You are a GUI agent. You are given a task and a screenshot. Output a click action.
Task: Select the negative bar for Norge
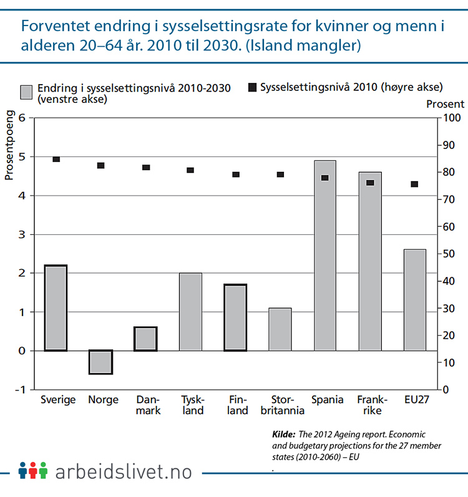pyautogui.click(x=100, y=362)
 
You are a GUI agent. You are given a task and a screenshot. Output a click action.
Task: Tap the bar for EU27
pyautogui.click(x=414, y=300)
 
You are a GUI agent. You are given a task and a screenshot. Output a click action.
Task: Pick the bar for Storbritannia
pyautogui.click(x=280, y=329)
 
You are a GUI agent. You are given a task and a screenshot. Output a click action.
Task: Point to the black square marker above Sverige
pyautogui.click(x=56, y=159)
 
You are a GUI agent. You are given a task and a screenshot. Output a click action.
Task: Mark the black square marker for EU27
pyautogui.click(x=414, y=184)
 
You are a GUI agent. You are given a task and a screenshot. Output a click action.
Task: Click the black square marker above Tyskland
pyautogui.click(x=190, y=170)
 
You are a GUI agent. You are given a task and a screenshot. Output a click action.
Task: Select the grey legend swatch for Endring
pyautogui.click(x=27, y=92)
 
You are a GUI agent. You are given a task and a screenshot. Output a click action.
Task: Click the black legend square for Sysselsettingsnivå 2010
pyautogui.click(x=252, y=87)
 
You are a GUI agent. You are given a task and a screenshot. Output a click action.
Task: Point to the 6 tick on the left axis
pyautogui.click(x=21, y=118)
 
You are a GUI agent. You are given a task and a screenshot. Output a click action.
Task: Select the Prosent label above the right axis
pyautogui.click(x=445, y=104)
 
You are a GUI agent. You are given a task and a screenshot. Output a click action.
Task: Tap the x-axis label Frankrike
pyautogui.click(x=370, y=405)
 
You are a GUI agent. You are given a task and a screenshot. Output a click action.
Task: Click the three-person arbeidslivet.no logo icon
pyautogui.click(x=32, y=471)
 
